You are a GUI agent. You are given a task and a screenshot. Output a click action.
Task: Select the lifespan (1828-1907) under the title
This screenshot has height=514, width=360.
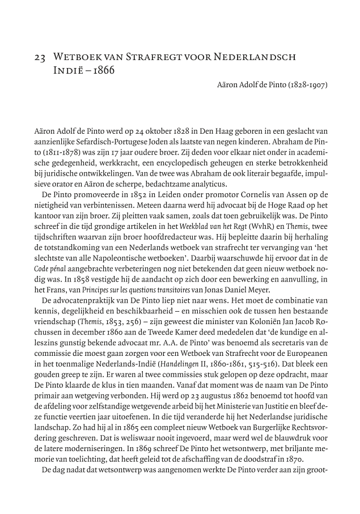tap(304, 86)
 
